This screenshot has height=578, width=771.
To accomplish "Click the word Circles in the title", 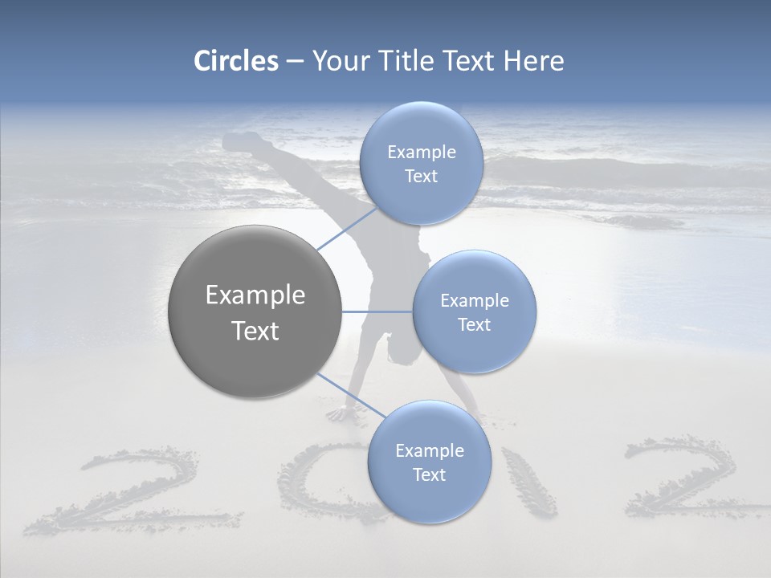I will click(235, 61).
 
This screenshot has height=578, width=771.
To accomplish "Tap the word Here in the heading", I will click(533, 61).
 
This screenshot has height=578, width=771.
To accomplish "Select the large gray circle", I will click(255, 311).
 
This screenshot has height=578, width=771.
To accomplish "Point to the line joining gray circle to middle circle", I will click(377, 311).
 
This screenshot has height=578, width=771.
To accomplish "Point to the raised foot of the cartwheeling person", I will click(241, 143).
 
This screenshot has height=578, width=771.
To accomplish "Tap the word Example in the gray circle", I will click(255, 295).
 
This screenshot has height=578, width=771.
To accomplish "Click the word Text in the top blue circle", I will click(420, 177).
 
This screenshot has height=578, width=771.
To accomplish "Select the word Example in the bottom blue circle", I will click(429, 450).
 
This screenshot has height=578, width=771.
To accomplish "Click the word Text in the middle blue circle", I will click(474, 325).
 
